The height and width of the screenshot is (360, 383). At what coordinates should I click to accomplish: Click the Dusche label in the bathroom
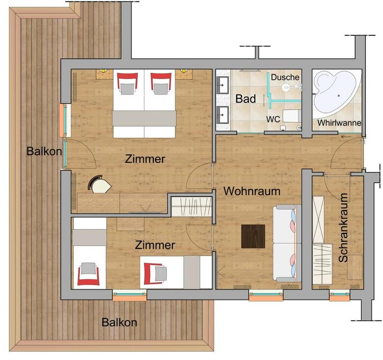[285, 77]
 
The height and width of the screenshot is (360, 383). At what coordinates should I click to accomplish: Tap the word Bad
[246, 99]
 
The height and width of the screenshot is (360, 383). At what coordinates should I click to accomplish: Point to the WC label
[273, 119]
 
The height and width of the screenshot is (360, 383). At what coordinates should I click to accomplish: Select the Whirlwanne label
[339, 123]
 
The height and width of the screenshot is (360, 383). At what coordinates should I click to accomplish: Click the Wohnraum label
[252, 191]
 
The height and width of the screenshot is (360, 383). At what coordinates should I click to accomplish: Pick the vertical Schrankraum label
[343, 227]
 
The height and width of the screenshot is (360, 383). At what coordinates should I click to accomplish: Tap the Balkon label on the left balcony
[44, 151]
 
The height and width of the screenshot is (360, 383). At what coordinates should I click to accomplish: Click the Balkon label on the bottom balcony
[119, 322]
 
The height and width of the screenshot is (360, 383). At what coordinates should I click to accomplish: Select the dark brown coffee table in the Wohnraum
[253, 236]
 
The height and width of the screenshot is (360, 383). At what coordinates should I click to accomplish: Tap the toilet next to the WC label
[292, 116]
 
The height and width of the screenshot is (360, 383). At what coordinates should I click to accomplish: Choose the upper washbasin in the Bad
[222, 85]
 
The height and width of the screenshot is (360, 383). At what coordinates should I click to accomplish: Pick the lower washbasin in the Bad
[222, 115]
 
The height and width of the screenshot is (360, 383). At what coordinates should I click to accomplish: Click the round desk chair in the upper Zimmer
[99, 184]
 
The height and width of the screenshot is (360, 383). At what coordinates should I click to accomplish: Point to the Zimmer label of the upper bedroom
[145, 159]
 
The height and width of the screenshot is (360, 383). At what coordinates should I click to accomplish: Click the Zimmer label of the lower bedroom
[155, 245]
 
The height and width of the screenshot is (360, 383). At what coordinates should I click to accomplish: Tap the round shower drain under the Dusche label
[285, 87]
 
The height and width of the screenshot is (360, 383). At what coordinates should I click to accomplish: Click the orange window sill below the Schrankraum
[339, 299]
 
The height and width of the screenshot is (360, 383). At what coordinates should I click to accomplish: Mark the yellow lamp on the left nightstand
[103, 71]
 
